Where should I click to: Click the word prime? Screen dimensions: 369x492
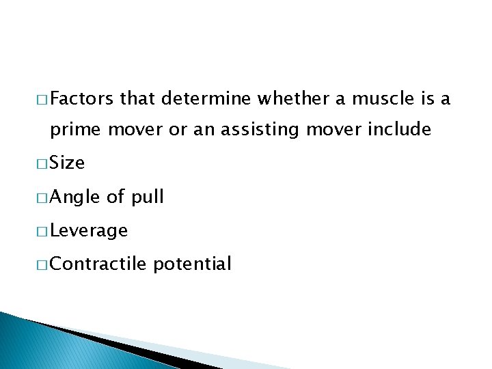click(74, 130)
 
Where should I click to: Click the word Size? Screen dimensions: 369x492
click(67, 163)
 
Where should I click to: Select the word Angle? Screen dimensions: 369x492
click(75, 197)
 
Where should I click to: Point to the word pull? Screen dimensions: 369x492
click(148, 197)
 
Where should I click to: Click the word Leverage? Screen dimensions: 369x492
click(89, 231)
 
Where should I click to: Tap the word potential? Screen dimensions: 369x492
click(193, 264)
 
